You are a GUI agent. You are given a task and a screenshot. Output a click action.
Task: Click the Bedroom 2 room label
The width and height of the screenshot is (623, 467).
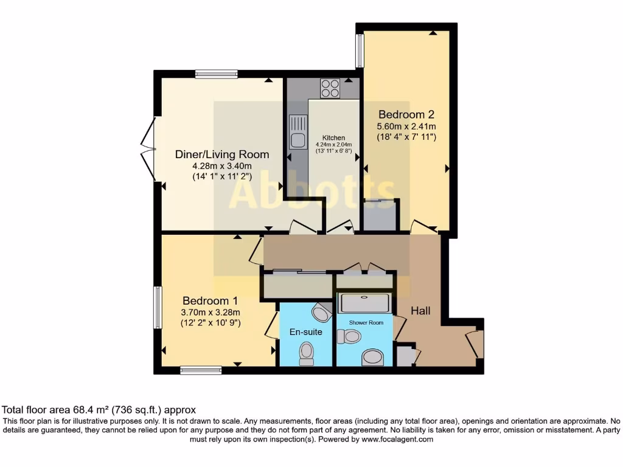coord(406,114)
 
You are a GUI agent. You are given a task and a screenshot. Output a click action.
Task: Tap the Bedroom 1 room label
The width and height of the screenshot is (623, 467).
coord(210,301)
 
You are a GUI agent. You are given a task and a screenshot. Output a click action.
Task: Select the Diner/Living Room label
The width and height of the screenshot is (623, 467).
coord(221,154)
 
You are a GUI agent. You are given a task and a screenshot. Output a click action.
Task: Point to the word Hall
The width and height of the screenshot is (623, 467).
coord(420,311)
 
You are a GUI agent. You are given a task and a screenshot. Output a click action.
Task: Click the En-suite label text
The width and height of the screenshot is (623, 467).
coord(305,332)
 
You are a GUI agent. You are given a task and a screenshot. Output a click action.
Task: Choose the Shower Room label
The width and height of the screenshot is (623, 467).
coord(366,322)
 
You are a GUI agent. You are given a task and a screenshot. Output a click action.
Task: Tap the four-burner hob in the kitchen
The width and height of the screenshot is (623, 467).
coord(330,89)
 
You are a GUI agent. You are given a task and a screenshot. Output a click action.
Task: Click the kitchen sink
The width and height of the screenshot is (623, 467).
coord(298,133)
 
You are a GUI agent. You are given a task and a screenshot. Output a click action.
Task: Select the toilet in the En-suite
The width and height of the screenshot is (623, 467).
coord(307,352)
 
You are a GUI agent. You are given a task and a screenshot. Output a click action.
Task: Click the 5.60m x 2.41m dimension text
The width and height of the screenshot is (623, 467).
coord(406,126)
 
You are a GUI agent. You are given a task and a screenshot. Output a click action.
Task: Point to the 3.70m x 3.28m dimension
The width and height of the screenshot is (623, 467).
coord(211,313)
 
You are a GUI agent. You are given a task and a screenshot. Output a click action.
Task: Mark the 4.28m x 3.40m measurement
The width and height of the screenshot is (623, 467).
coord(221,166)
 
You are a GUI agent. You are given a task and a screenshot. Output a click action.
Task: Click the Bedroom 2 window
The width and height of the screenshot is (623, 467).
coord(360,50)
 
